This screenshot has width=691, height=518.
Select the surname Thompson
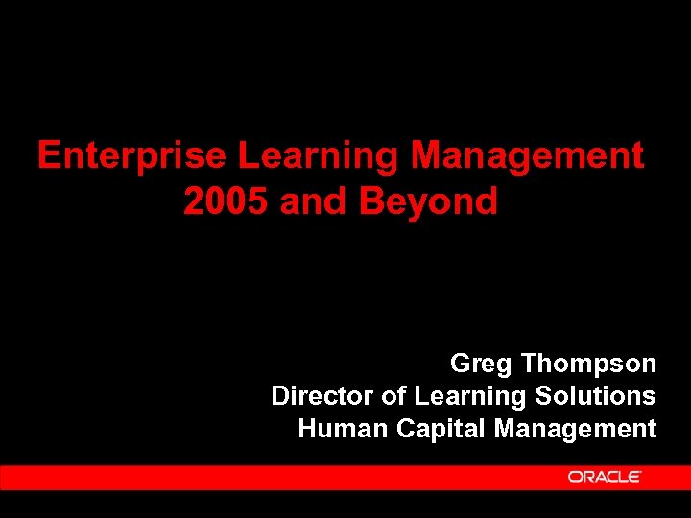tap(589, 365)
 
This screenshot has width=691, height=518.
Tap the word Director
tap(322, 396)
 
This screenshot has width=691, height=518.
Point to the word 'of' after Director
tap(393, 396)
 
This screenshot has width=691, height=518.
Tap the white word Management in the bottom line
tap(576, 428)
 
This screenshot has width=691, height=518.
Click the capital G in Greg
tap(461, 365)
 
